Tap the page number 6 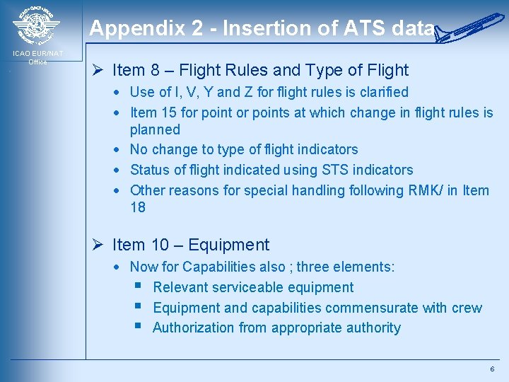tap(492, 370)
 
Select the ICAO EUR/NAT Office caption tap(37, 57)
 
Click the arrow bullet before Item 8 tap(100, 70)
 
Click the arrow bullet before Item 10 tap(100, 245)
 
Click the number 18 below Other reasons tap(138, 207)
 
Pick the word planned tap(155, 129)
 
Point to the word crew tap(467, 308)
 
